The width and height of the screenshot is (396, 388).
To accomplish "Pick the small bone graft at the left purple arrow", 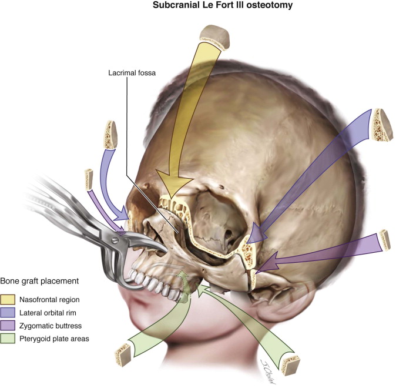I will click(x=89, y=178).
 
